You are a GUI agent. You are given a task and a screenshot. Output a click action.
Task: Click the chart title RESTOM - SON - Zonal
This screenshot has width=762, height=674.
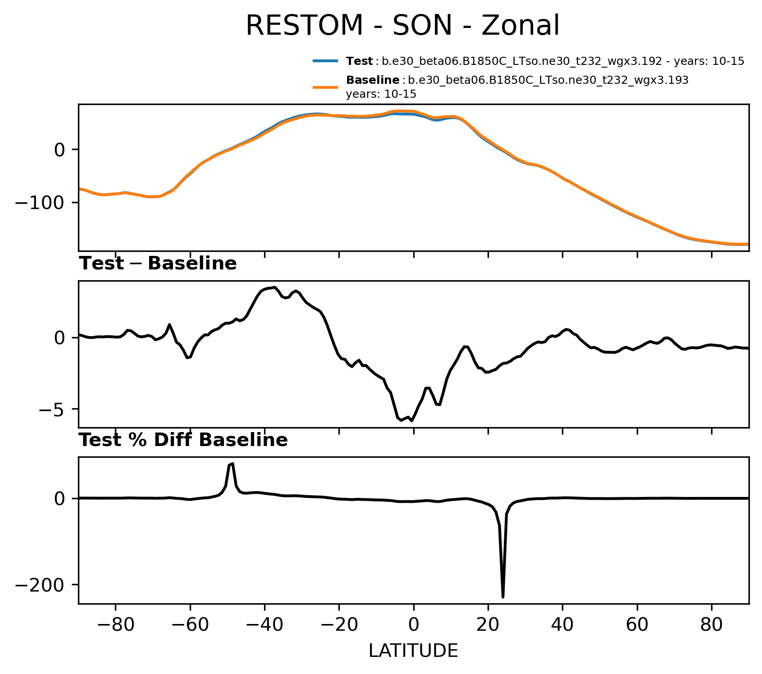(402, 26)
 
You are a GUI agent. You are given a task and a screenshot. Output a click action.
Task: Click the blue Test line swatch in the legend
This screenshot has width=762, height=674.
(325, 61)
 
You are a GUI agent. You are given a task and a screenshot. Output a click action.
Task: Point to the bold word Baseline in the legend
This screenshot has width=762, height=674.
(373, 81)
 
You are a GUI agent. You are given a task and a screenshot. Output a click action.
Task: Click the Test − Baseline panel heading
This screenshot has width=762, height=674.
(158, 264)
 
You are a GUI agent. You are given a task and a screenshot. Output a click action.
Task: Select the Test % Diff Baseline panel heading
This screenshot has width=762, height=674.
(183, 440)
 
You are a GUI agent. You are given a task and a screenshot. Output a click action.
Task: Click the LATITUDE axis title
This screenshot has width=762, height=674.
(413, 651)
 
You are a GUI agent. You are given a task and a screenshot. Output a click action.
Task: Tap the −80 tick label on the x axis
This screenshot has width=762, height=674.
(115, 626)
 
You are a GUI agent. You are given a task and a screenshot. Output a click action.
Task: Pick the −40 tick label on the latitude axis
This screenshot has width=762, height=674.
(264, 626)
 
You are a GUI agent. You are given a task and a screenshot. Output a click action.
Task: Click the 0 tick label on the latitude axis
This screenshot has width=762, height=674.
(414, 626)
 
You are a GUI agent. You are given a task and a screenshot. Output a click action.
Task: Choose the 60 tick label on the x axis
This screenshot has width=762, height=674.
(637, 626)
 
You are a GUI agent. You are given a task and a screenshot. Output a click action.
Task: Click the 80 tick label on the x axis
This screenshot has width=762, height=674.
(712, 626)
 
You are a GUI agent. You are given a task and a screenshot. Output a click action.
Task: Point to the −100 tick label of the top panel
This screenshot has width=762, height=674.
(41, 203)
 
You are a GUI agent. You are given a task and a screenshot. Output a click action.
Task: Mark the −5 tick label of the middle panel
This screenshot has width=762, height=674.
(52, 409)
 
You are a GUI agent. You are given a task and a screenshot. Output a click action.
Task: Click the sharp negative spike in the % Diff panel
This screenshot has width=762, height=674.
(503, 596)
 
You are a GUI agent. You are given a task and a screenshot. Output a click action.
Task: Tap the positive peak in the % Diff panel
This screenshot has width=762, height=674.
(231, 464)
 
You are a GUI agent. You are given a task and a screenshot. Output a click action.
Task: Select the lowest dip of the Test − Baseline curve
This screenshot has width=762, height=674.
(411, 420)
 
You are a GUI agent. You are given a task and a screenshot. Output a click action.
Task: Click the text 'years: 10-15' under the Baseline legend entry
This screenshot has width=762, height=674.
(381, 94)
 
